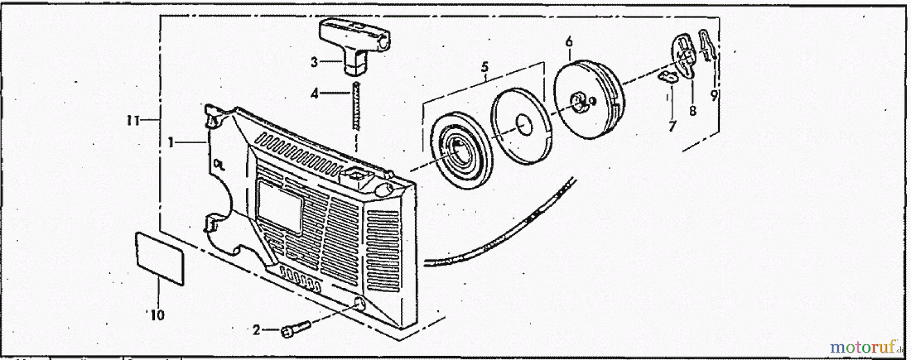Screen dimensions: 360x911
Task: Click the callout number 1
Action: point(171,143)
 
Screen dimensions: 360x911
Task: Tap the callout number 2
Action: point(257,331)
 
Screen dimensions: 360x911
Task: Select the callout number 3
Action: point(314,62)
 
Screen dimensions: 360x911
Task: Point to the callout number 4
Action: point(314,94)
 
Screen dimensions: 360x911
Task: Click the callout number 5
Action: point(485,67)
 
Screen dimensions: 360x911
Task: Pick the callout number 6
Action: point(569,41)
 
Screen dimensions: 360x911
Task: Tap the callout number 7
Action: point(672,126)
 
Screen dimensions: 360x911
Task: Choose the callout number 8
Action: point(692,110)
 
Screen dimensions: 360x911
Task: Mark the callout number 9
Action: point(714,95)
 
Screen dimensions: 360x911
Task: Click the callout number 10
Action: point(157,315)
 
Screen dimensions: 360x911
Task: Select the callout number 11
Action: point(133,121)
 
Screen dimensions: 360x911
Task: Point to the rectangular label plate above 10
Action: point(159,258)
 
